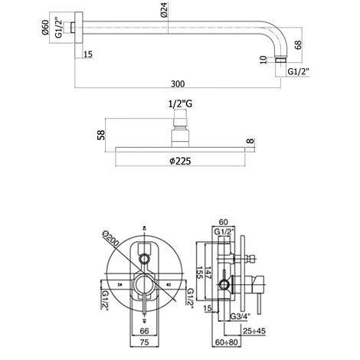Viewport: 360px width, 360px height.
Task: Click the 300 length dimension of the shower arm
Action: coord(178,83)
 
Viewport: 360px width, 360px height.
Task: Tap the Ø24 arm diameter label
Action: coord(164,10)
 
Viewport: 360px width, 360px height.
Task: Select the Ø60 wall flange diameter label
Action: coord(45,28)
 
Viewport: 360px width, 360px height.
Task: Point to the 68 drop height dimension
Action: coord(298,44)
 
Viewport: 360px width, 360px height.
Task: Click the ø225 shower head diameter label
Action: coord(180,161)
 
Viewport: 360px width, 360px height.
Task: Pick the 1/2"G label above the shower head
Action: coord(180,104)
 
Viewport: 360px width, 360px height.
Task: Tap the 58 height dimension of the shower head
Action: coord(101,135)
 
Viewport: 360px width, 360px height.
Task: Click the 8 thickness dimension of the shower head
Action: coord(250,141)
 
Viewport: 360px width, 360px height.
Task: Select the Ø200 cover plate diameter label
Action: coord(110,239)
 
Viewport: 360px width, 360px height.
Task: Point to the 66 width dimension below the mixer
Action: coord(144,331)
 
